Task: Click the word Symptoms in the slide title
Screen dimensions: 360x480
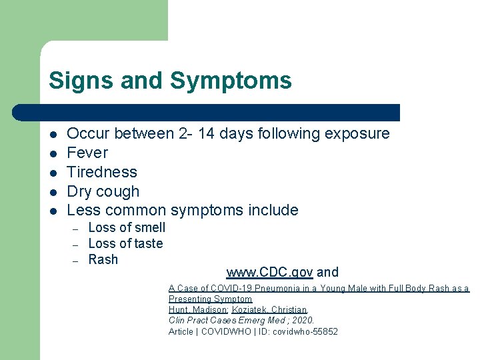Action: (231, 81)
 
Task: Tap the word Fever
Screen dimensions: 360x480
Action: (87, 153)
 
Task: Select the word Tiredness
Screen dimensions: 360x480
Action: (102, 172)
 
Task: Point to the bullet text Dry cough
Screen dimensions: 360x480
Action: (103, 191)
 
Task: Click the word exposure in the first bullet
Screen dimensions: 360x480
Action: (357, 133)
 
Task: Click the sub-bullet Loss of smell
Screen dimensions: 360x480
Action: (127, 227)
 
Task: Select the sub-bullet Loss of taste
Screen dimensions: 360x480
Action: (125, 243)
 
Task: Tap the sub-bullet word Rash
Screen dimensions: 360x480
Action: (103, 259)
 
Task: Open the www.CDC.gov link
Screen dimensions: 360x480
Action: (269, 272)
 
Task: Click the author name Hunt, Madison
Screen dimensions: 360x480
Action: (198, 310)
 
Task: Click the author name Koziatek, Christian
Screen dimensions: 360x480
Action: (269, 310)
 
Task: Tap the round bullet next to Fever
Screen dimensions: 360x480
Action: (53, 153)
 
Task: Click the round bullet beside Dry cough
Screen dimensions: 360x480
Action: (53, 192)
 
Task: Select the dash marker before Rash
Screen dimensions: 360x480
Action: (75, 260)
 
